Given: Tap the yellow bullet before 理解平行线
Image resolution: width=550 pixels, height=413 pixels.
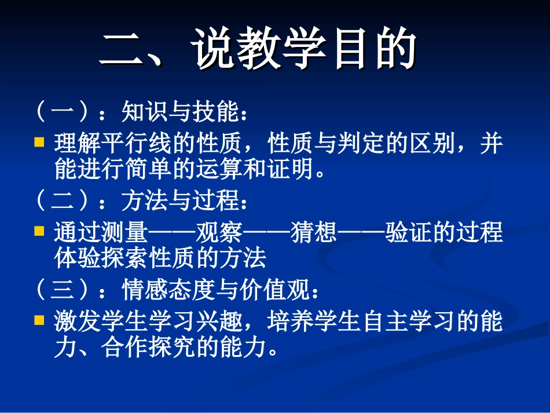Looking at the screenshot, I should [39, 142].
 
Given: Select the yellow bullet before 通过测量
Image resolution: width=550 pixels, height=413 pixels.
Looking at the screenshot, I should [39, 232].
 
